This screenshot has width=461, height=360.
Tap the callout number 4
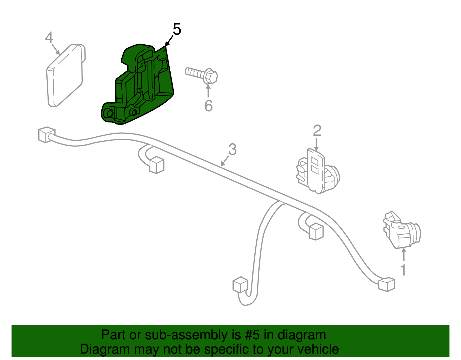49,37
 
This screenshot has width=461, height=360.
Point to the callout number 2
317,131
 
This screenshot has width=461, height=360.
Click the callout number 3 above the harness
232,149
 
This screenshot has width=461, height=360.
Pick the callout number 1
403,270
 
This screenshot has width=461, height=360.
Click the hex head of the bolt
210,76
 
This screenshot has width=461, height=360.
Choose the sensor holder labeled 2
318,171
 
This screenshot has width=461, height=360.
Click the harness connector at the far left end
47,135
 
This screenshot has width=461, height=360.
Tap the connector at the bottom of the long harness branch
240,284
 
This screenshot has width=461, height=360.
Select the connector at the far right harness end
387,284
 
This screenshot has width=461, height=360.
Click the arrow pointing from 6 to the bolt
208,91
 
